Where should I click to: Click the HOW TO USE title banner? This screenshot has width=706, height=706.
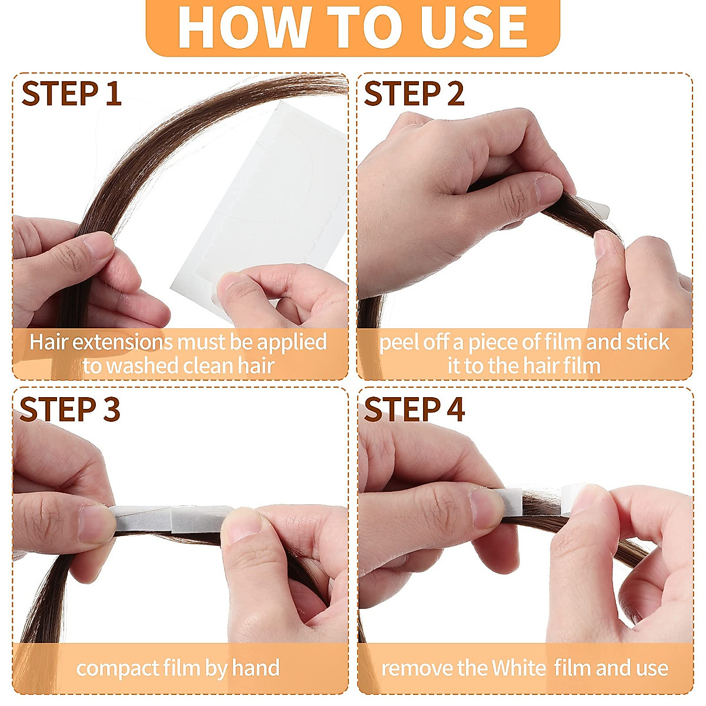click(x=352, y=26)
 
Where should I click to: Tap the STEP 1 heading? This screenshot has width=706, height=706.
click(x=71, y=94)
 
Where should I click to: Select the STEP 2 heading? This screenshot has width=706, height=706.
click(x=414, y=94)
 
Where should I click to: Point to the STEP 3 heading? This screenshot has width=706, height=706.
click(x=70, y=409)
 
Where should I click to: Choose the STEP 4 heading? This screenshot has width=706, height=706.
click(x=414, y=409)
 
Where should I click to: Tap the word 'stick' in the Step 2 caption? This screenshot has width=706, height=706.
click(x=647, y=342)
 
